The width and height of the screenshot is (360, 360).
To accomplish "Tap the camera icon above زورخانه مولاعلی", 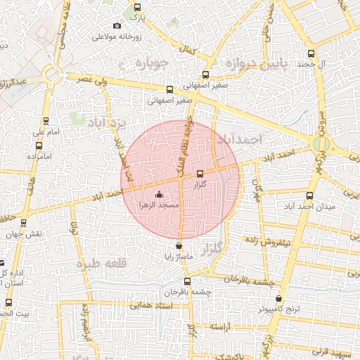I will [117, 26].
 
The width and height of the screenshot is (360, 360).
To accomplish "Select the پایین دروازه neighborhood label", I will [255, 65].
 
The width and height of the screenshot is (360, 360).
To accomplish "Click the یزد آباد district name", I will [109, 123].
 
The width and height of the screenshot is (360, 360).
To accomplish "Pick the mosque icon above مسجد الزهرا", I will [159, 195].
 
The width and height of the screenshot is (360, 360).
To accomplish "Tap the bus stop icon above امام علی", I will [46, 121].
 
